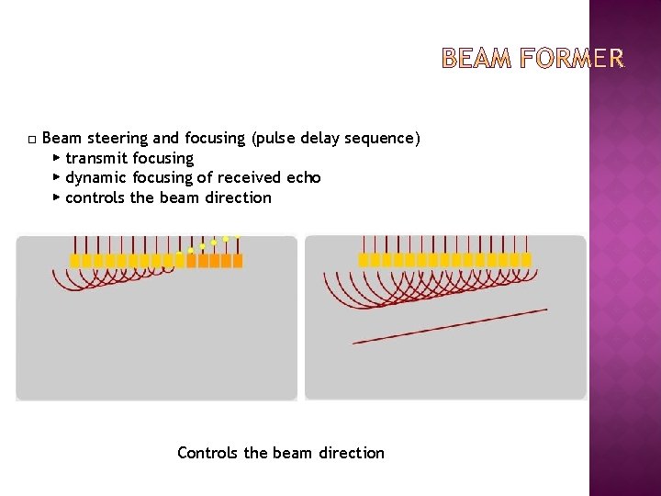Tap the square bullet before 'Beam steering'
click(31, 140)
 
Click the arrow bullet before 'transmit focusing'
click(57, 158)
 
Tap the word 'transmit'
click(96, 158)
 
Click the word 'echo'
click(303, 177)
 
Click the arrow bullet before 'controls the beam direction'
click(57, 197)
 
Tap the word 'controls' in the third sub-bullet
click(95, 197)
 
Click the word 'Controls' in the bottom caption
click(208, 453)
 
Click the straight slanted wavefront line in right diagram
click(450, 326)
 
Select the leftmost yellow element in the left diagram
click(75, 261)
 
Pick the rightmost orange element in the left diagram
click(238, 261)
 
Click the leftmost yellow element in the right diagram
click(364, 261)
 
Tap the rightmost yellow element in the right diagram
click(526, 261)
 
